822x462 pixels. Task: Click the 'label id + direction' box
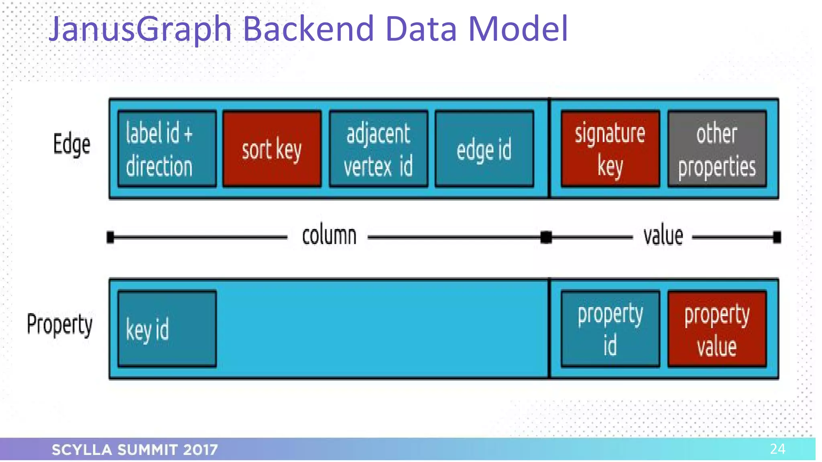click(x=167, y=149)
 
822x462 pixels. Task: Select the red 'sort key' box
click(x=272, y=149)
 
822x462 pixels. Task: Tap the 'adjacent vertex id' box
click(x=378, y=149)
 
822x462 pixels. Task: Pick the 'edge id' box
click(x=484, y=149)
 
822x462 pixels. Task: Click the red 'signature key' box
click(x=610, y=149)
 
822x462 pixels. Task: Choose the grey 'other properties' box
click(x=717, y=149)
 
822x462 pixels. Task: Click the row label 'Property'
click(x=59, y=324)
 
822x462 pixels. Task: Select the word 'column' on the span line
click(x=329, y=236)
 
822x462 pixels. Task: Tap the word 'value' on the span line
click(x=663, y=236)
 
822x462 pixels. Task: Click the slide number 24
click(x=777, y=449)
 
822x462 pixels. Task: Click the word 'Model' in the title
click(x=518, y=29)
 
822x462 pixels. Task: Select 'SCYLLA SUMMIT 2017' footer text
click(x=135, y=450)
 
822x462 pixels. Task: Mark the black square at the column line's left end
click(x=110, y=237)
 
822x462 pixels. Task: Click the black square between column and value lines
click(x=546, y=237)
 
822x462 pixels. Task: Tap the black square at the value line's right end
click(x=777, y=237)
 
